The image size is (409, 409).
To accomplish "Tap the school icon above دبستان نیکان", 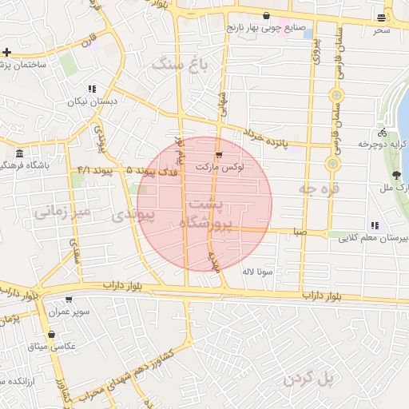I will pos(92,89).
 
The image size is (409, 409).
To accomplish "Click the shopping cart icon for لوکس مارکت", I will pos(219,154).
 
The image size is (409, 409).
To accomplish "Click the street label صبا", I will pos(300,232).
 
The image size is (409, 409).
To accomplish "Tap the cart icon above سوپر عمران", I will pos(68,300).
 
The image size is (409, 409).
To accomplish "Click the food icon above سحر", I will pos(382,18).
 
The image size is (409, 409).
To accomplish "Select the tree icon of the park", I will pos(397,176).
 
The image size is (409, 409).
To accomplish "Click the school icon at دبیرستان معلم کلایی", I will pos(375,225).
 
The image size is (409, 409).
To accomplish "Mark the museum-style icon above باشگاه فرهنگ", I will pos(18,153).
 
